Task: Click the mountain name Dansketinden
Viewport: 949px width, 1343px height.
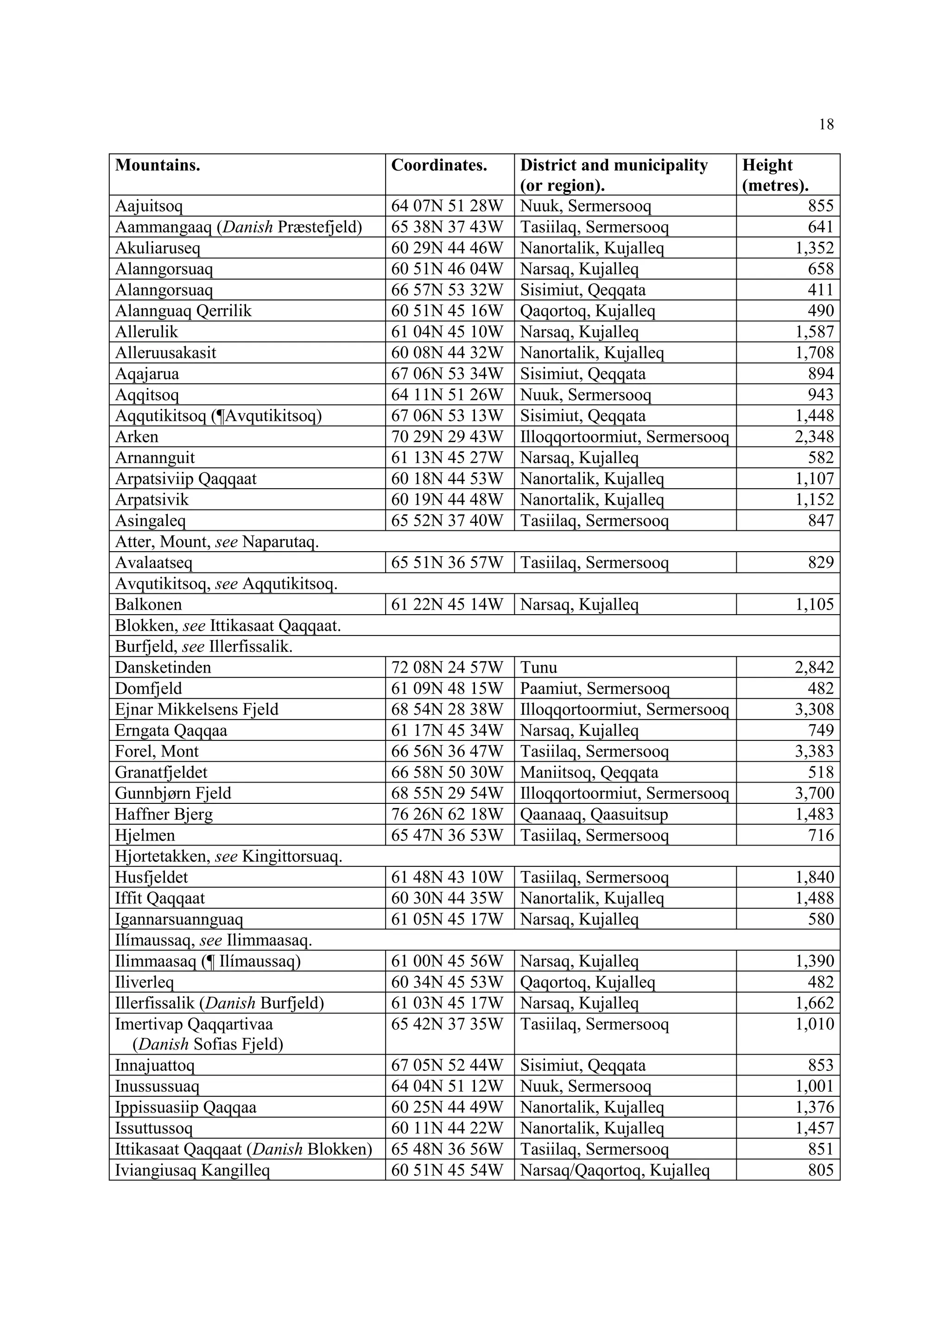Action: tap(163, 668)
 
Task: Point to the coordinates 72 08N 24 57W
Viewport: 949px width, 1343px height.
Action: tap(447, 668)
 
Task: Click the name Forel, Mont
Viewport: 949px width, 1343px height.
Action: tap(157, 751)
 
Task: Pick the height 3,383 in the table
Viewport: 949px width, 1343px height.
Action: tap(814, 751)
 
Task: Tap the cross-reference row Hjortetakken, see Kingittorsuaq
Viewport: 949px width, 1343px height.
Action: tap(228, 857)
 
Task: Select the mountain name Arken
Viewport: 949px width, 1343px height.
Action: tap(136, 437)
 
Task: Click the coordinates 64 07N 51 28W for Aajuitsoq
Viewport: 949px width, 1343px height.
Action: tap(447, 206)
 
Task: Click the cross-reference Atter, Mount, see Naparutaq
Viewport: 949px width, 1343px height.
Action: tap(216, 542)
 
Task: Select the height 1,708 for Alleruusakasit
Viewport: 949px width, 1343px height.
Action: tap(814, 353)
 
